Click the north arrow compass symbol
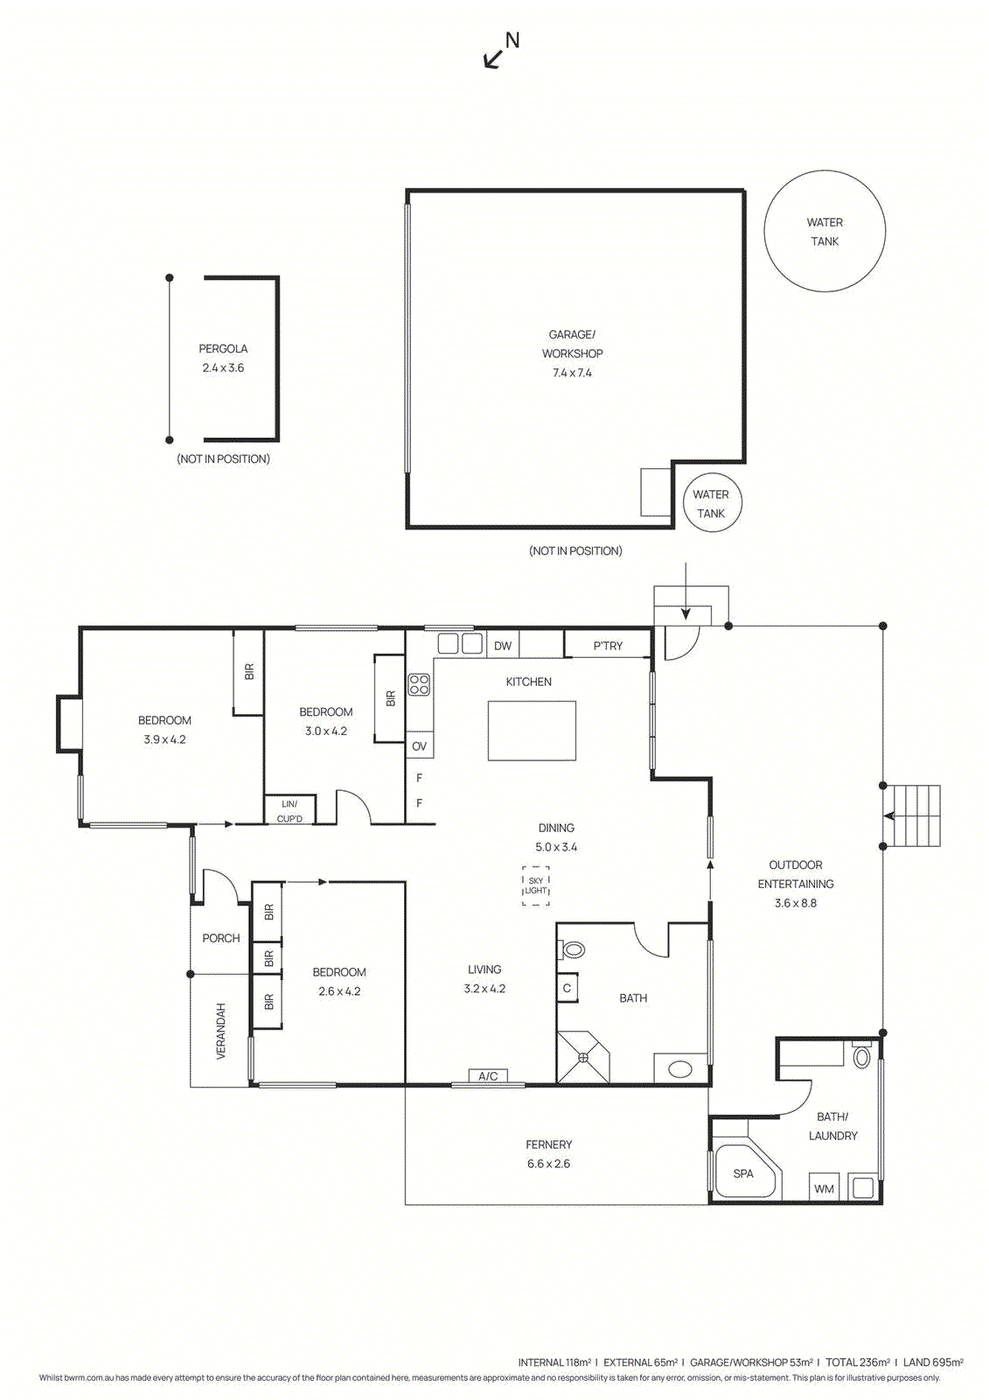click(501, 52)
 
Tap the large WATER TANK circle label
click(824, 232)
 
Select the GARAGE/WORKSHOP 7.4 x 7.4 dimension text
click(572, 373)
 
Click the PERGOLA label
click(223, 349)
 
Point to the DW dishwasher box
click(502, 646)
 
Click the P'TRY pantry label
click(608, 647)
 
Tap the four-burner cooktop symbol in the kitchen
click(419, 684)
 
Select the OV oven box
click(419, 745)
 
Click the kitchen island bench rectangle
click(532, 731)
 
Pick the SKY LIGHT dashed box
click(535, 885)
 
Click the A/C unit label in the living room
click(488, 1076)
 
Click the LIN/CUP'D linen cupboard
click(289, 810)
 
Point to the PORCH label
click(221, 938)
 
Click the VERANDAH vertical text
click(220, 1032)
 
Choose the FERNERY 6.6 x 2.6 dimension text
click(548, 1164)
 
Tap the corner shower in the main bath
click(583, 1057)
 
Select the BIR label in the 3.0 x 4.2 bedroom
click(391, 698)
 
